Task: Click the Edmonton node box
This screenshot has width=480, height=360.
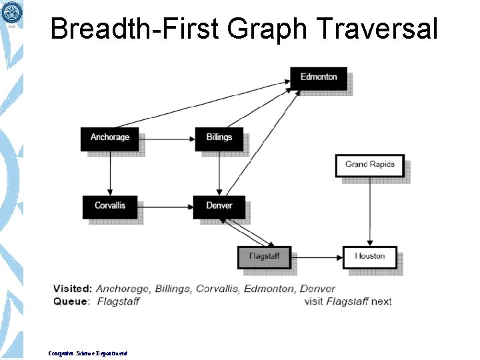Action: click(319, 77)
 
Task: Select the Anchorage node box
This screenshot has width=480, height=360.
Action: click(109, 138)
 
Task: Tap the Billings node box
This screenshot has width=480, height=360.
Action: click(219, 138)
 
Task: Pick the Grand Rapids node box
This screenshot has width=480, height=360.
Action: click(369, 165)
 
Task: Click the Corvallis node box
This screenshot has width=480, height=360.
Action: click(109, 206)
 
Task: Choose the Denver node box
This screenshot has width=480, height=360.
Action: click(219, 206)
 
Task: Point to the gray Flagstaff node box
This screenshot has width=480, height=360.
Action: click(264, 257)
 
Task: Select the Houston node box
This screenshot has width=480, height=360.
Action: click(369, 257)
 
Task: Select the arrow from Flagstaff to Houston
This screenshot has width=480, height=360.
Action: click(317, 257)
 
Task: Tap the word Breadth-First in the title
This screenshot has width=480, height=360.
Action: click(134, 29)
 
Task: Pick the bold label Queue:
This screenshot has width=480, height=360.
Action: click(71, 301)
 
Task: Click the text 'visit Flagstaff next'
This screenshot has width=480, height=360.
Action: click(347, 301)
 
